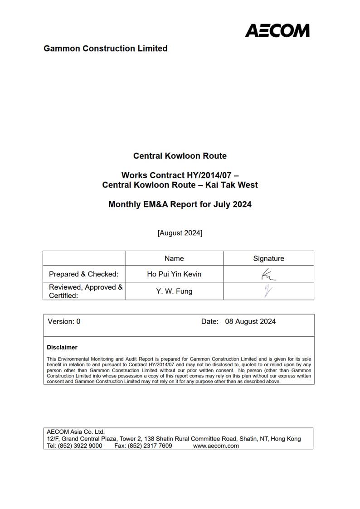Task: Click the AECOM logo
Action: (x=277, y=30)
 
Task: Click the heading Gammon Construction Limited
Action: (x=105, y=48)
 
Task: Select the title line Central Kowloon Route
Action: (x=180, y=156)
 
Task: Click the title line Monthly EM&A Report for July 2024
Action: (x=180, y=204)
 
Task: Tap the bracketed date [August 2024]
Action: (x=180, y=233)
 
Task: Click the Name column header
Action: (x=174, y=258)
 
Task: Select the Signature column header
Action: (x=268, y=258)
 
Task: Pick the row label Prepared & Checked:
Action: (x=83, y=274)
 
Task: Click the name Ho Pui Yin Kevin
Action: (x=174, y=274)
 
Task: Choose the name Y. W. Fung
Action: (x=174, y=291)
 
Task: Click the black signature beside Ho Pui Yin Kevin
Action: (x=268, y=275)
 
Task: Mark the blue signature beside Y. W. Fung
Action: (x=268, y=291)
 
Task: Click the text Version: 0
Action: (x=64, y=321)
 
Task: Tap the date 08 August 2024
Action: (x=250, y=321)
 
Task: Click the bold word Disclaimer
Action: (x=62, y=348)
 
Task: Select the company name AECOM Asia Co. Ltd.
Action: (x=76, y=432)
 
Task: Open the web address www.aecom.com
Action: (x=216, y=446)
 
